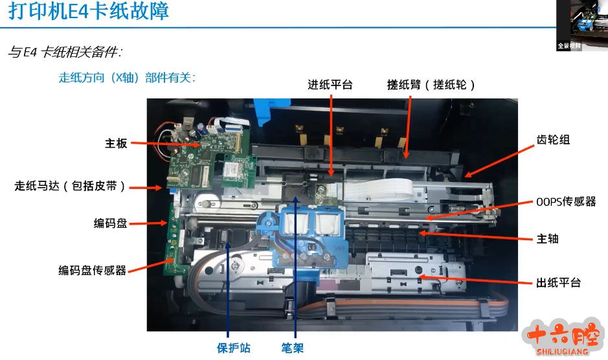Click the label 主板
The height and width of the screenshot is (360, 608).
point(116,144)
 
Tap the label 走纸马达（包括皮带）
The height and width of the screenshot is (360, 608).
point(70,186)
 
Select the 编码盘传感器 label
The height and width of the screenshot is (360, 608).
point(93,270)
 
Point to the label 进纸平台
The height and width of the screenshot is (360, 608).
point(330,85)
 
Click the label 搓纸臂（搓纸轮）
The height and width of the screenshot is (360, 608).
point(431,85)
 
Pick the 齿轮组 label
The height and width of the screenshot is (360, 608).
point(553,140)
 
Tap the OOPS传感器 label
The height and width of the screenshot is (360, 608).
point(566,202)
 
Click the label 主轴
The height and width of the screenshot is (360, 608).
point(547,238)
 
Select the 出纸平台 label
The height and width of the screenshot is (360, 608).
point(558,282)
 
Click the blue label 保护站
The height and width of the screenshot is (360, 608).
point(234,348)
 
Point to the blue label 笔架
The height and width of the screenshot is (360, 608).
point(293,348)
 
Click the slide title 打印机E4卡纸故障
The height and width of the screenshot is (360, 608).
point(89,10)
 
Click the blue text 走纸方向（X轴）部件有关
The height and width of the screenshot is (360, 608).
point(127,78)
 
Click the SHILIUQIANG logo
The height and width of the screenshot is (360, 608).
point(563,337)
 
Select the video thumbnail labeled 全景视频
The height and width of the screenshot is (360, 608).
point(581,25)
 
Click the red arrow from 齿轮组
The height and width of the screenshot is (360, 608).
point(499,161)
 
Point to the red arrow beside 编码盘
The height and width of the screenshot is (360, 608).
point(148,223)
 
